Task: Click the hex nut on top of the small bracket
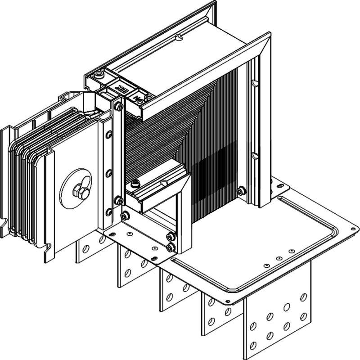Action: tap(135, 183)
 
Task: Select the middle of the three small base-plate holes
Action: tap(279, 259)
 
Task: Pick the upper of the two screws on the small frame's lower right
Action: tap(170, 237)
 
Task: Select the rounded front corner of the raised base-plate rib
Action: tap(230, 288)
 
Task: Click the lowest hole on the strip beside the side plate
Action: tap(108, 211)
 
